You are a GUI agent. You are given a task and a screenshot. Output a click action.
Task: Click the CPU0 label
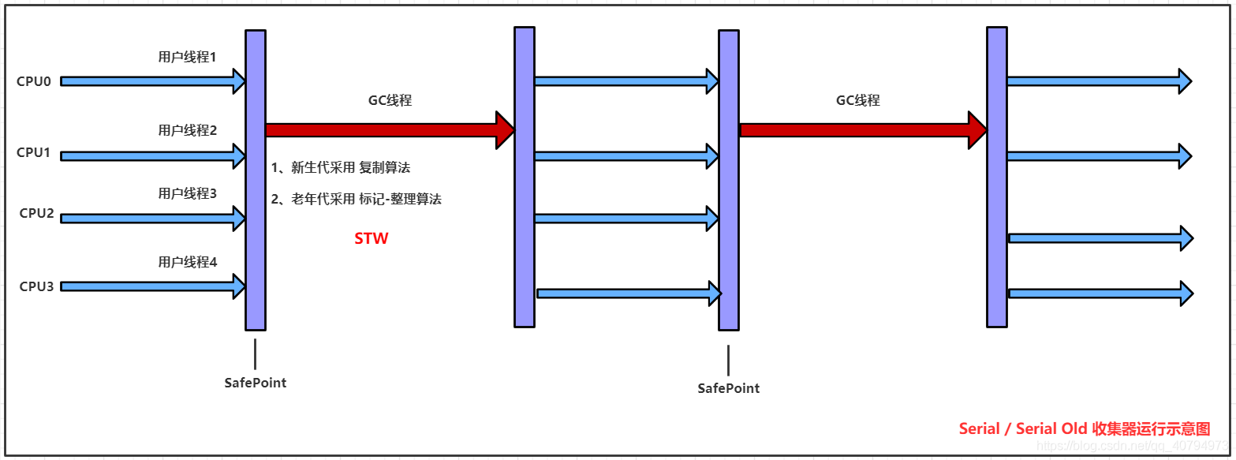point(34,81)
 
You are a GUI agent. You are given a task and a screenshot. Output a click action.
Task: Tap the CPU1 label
point(34,153)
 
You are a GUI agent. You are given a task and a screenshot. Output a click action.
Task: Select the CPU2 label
point(36,213)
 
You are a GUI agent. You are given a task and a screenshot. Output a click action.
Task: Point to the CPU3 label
point(36,286)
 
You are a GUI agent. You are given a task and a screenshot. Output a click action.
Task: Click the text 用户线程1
point(187,58)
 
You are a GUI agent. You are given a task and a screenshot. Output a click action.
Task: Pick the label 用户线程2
point(187,130)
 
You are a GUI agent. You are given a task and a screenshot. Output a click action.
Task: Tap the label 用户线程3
point(187,193)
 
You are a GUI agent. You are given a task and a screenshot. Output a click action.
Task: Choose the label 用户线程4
point(187,262)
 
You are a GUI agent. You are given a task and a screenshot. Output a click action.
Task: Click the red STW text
point(371,238)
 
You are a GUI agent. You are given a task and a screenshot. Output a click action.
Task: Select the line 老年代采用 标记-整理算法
point(356,200)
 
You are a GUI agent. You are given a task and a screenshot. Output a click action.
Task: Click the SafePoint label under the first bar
point(256,383)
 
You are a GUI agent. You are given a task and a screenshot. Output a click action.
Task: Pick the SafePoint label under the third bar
point(729,388)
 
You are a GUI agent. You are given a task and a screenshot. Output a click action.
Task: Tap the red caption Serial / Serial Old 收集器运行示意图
point(1084,428)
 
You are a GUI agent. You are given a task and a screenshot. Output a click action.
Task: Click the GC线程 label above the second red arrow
point(857,101)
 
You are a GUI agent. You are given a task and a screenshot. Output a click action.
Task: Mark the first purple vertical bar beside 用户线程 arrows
point(255,180)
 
